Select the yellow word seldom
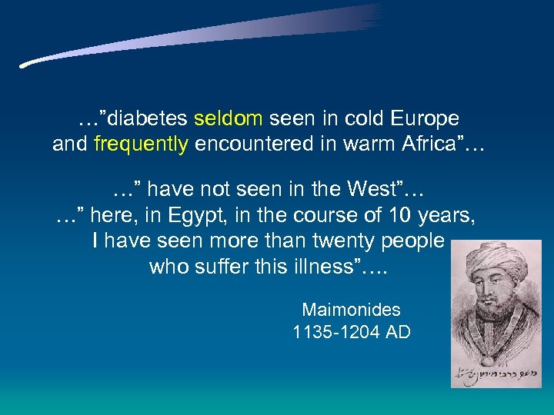[229, 119]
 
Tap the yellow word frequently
[141, 144]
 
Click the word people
[412, 241]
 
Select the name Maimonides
[351, 310]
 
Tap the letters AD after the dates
[399, 333]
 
